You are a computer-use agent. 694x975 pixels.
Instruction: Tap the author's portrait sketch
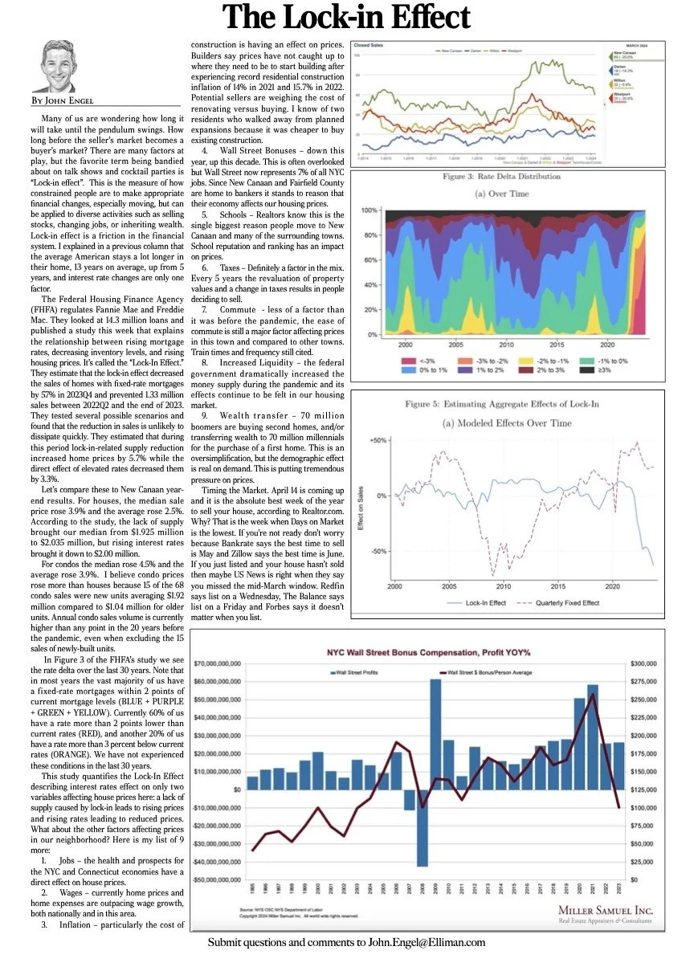click(60, 65)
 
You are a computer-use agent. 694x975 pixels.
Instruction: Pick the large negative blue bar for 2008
click(423, 828)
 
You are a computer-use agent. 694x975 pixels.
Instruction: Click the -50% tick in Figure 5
click(379, 552)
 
